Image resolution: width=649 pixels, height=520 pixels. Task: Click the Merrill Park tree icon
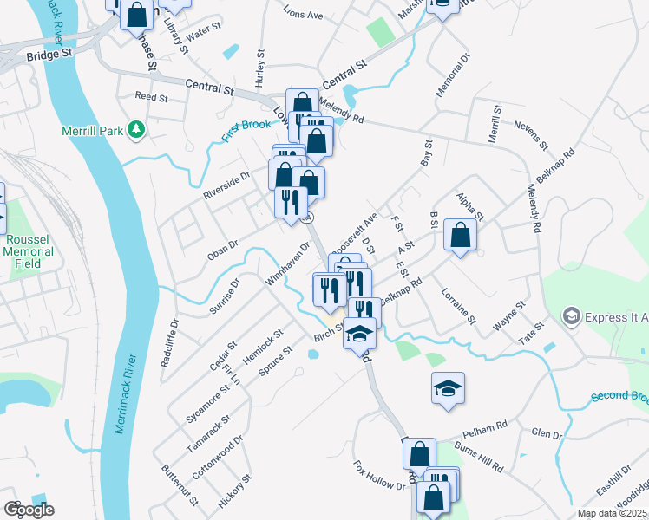click(135, 130)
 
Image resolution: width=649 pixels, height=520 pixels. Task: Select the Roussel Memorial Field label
click(29, 251)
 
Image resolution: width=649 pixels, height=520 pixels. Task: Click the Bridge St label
click(48, 55)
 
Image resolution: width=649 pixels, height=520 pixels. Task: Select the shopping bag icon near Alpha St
click(460, 235)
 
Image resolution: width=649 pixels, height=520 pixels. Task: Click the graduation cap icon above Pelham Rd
click(448, 388)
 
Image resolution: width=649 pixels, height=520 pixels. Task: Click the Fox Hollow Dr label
click(379, 476)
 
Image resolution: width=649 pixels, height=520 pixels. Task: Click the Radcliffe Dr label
click(169, 343)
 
